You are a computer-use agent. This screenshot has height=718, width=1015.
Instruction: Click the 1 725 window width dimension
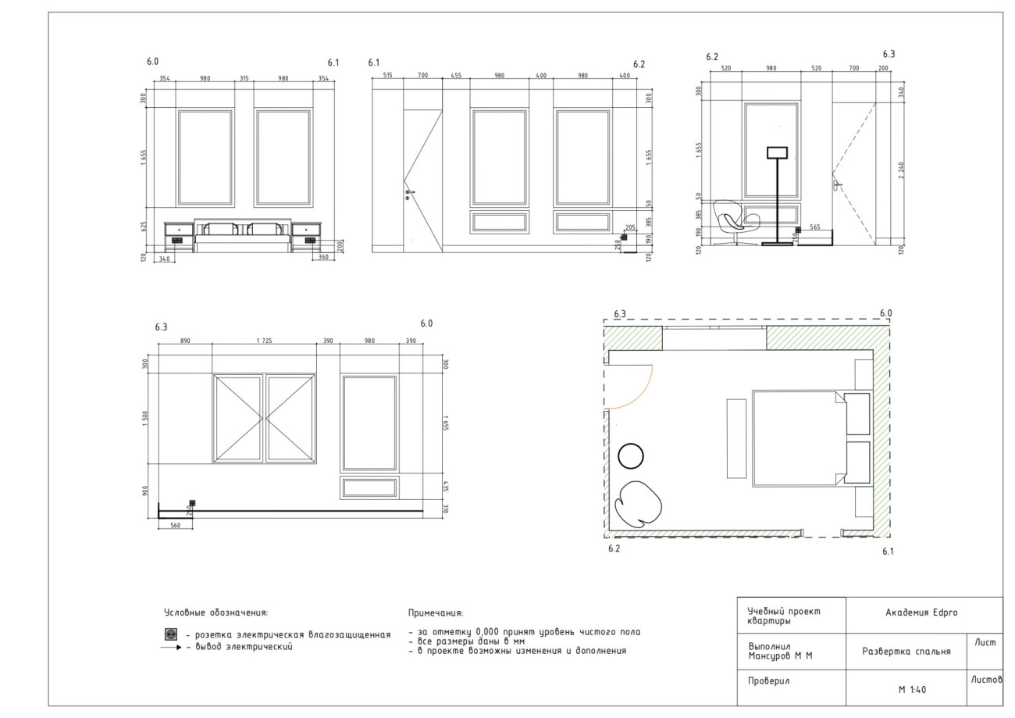(264, 341)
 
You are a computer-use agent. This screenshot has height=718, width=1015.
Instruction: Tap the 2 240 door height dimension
(901, 170)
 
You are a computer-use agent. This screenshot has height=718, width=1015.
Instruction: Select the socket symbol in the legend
(171, 634)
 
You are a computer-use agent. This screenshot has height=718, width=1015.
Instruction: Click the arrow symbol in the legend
(171, 647)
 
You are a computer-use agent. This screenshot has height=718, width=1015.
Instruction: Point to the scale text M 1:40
(912, 689)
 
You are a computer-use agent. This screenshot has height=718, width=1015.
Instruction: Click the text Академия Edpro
(921, 613)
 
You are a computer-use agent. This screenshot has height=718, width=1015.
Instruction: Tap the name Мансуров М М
(780, 656)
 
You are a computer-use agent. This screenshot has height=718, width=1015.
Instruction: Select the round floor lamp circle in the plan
(631, 456)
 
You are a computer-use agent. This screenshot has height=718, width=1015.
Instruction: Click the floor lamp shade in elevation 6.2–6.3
(777, 152)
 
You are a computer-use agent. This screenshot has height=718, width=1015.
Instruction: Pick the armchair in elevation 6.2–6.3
(735, 222)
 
